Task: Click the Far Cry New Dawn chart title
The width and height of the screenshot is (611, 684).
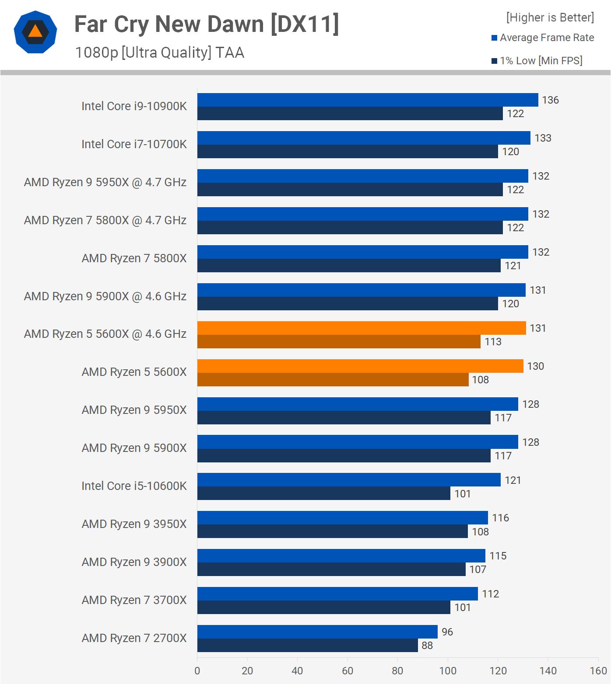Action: [207, 24]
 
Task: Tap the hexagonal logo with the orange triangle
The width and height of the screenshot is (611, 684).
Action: [35, 32]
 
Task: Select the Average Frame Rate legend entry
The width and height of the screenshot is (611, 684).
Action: [547, 38]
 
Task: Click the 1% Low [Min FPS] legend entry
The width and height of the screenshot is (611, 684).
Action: [541, 61]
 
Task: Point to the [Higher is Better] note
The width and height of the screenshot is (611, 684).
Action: [550, 17]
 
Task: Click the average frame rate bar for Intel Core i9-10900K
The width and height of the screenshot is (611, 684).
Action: [368, 100]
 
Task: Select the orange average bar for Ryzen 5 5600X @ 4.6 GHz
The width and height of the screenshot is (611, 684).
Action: [362, 328]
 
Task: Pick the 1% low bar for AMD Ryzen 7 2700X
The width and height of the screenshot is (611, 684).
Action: [307, 646]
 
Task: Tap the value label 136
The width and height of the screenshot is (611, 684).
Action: [550, 100]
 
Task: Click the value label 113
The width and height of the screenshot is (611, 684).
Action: [493, 342]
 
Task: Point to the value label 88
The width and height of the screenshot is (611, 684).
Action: [427, 646]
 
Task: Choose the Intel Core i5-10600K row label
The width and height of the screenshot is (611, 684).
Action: [134, 486]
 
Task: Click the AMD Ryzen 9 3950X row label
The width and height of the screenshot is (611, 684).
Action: [134, 524]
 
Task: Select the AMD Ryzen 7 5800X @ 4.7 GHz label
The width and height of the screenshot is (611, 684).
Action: [105, 220]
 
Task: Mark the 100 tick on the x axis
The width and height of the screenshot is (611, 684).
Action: [448, 671]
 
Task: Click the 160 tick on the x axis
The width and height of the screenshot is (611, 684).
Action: [598, 671]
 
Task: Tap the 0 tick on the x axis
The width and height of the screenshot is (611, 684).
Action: [197, 671]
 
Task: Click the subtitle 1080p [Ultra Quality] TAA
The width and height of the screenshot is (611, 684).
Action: [159, 52]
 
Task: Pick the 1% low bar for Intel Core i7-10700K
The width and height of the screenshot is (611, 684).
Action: [348, 152]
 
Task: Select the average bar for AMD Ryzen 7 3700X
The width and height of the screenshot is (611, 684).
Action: [337, 594]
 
